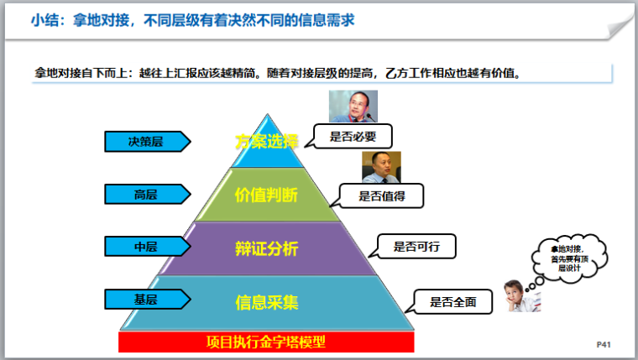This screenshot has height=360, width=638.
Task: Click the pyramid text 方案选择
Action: coord(266,141)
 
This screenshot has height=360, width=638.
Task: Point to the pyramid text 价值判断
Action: coord(266,195)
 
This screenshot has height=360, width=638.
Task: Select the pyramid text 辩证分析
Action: coord(266,248)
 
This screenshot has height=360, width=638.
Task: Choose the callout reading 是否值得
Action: coord(383,196)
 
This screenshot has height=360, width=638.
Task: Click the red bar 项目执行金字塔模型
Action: coord(266,342)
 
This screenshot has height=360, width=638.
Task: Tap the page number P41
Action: coord(603,344)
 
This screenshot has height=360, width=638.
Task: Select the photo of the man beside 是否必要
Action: coord(350,107)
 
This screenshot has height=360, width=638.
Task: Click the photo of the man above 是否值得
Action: coord(381,167)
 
